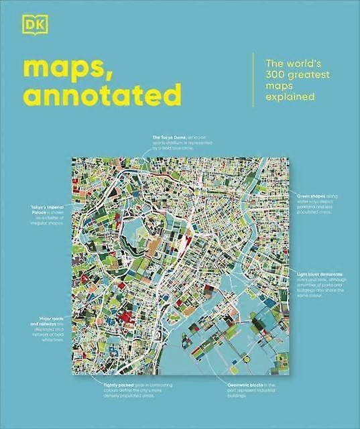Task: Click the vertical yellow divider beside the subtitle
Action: (x=253, y=79)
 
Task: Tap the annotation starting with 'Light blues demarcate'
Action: (x=320, y=284)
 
